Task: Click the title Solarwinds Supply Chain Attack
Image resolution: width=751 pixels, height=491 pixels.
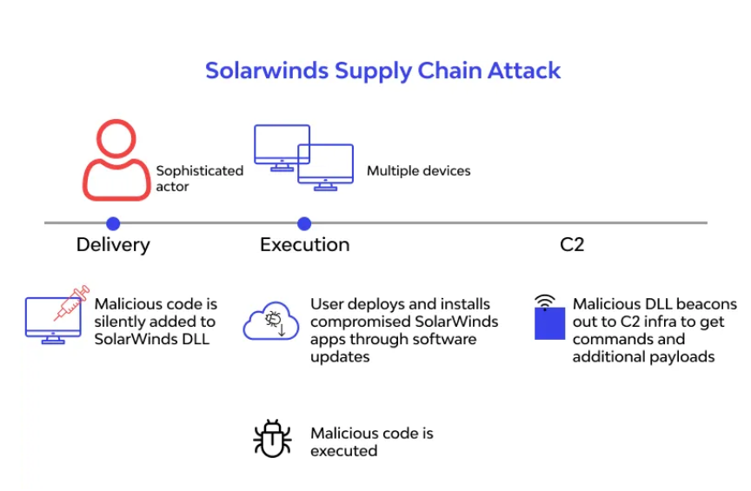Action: click(382, 71)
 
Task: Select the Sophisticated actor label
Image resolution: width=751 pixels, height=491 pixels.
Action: click(200, 179)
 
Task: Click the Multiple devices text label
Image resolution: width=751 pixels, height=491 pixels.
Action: click(419, 171)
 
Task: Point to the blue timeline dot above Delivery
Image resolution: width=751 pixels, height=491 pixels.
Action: click(113, 223)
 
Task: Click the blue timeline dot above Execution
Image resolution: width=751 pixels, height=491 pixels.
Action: click(304, 223)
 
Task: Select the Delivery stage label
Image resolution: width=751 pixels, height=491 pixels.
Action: click(113, 245)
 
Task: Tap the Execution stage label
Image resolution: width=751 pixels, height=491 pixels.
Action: click(304, 245)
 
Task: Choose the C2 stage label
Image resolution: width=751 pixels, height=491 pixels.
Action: click(572, 245)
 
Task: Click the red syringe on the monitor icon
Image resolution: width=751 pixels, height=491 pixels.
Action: click(72, 302)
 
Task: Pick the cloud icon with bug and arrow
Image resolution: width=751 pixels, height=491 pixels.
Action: click(271, 321)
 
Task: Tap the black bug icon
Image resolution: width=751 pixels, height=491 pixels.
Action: click(272, 438)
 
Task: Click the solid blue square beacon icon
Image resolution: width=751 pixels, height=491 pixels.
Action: click(550, 323)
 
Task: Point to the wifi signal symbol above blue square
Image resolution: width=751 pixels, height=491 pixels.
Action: click(545, 302)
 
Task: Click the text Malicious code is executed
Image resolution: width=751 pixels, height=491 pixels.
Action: click(372, 441)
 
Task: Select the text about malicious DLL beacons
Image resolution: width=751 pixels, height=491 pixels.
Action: click(655, 330)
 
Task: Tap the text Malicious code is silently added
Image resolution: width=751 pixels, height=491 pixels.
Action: click(156, 313)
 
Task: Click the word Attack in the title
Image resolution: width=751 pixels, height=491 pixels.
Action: click(524, 71)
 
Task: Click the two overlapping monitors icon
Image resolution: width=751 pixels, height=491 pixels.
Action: click(303, 157)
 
